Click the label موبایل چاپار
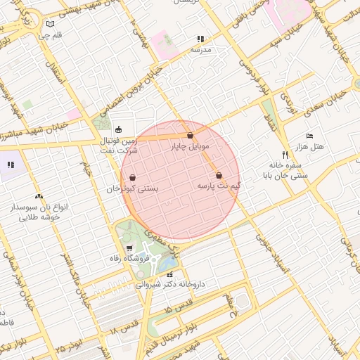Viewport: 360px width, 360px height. click(x=190, y=147)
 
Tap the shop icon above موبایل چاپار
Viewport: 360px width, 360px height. click(x=190, y=136)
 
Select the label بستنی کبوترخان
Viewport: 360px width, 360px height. click(x=132, y=189)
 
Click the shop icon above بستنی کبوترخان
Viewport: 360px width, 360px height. click(x=132, y=178)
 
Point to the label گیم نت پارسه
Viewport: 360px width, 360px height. click(x=219, y=186)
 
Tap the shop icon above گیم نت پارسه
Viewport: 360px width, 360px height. click(x=219, y=175)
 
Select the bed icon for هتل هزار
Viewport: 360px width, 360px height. click(x=309, y=136)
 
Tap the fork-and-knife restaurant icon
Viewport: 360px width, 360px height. click(x=285, y=155)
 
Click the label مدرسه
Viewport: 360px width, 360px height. click(x=201, y=50)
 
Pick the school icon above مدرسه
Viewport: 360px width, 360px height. click(x=201, y=39)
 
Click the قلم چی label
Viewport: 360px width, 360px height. click(x=49, y=34)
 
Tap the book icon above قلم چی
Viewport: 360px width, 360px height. click(x=49, y=24)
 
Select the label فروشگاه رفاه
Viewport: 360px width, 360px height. click(x=129, y=259)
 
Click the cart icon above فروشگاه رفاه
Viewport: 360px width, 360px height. click(x=129, y=248)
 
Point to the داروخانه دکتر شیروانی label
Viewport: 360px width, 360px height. click(x=169, y=285)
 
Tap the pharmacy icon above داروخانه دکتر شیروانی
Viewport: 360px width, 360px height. click(x=169, y=274)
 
